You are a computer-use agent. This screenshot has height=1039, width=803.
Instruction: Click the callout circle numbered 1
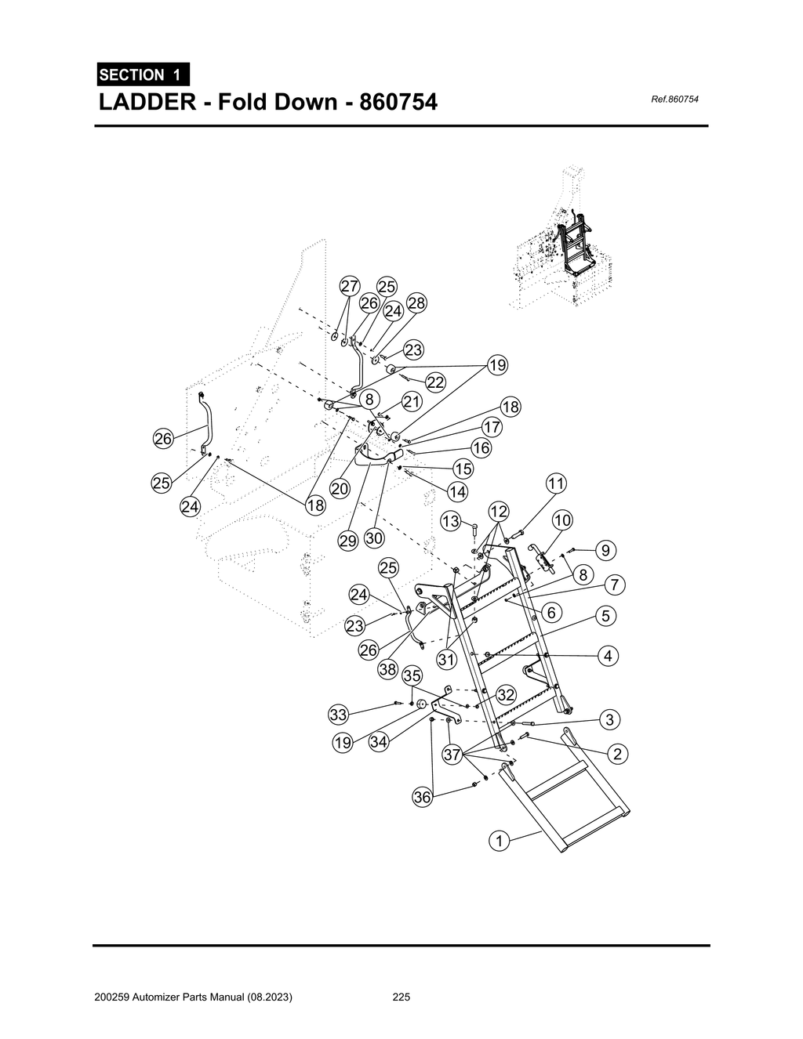click(498, 842)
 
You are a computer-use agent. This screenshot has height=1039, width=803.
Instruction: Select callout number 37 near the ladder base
click(452, 755)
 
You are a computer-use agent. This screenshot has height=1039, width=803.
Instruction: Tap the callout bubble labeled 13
click(450, 521)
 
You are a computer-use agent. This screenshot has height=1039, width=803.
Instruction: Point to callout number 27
click(350, 286)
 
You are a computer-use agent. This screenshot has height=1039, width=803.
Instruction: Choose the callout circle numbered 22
click(435, 382)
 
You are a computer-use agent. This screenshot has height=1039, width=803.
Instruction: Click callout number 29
click(347, 540)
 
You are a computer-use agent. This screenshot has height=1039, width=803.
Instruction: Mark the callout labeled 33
click(338, 715)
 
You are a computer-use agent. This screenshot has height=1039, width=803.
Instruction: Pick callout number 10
click(562, 520)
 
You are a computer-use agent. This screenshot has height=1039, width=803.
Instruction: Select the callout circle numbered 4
click(608, 656)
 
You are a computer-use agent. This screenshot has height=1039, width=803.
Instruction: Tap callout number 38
click(387, 668)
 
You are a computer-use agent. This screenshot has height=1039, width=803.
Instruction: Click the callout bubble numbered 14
click(457, 492)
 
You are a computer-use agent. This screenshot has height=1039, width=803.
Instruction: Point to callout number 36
click(422, 798)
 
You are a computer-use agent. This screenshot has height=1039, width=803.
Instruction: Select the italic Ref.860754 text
click(674, 100)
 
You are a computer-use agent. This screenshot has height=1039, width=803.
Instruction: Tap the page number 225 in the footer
click(401, 997)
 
